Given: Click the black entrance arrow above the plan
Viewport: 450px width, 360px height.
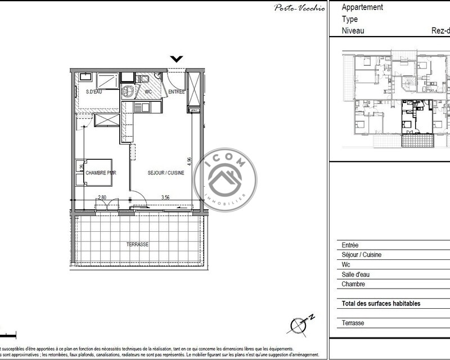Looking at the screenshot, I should pos(177,58).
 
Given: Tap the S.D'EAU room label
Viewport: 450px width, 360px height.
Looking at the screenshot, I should pos(93,92).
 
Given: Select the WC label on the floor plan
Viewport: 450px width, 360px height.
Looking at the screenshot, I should pos(148,92).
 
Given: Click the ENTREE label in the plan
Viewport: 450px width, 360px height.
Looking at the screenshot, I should pos(177,92).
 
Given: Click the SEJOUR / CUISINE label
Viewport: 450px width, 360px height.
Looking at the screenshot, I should pos(166,173).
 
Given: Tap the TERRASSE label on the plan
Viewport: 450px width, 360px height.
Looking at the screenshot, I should pos(137,245).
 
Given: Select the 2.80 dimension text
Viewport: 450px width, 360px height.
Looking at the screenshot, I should pos(102,197).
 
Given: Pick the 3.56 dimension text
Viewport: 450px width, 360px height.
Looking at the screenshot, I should pos(165,197).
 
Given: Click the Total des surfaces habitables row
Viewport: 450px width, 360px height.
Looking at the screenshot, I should pos(381,304).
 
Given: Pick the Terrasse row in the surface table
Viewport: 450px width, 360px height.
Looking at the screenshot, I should pos(353,323).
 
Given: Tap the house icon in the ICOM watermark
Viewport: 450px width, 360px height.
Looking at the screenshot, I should pos(224,179).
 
